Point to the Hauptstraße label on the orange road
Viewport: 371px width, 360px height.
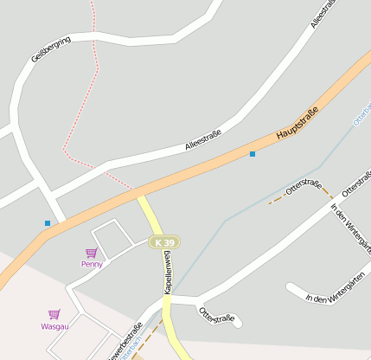pyautogui.click(x=297, y=123)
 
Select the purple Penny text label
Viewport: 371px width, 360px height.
pyautogui.click(x=92, y=264)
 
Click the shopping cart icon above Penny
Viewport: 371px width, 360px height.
pyautogui.click(x=91, y=253)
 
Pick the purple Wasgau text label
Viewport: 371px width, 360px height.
pyautogui.click(x=54, y=326)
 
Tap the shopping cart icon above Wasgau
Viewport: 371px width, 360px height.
pyautogui.click(x=54, y=314)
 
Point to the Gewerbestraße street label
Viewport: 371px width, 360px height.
pyautogui.click(x=126, y=343)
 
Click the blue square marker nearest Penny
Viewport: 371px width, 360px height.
pyautogui.click(x=48, y=223)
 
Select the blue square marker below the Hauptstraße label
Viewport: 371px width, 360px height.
pyautogui.click(x=253, y=154)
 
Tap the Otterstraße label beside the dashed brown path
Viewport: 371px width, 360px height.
pyautogui.click(x=304, y=186)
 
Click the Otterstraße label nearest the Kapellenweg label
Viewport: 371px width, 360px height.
pyautogui.click(x=216, y=315)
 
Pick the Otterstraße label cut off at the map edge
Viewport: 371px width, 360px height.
pyautogui.click(x=357, y=181)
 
